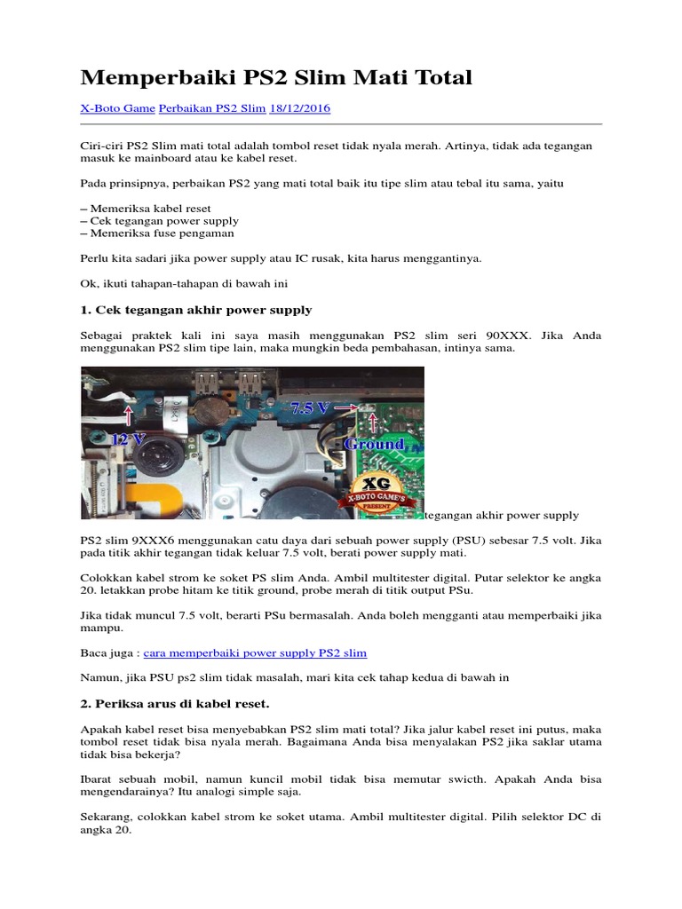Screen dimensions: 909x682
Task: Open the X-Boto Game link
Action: (x=117, y=108)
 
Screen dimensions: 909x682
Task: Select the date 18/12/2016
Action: (x=301, y=108)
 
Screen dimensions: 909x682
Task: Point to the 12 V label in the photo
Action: (x=130, y=438)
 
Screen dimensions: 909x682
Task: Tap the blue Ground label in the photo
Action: (x=374, y=444)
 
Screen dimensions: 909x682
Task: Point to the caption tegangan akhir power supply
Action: (x=502, y=515)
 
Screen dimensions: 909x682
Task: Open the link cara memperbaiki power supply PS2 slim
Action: (x=255, y=652)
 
